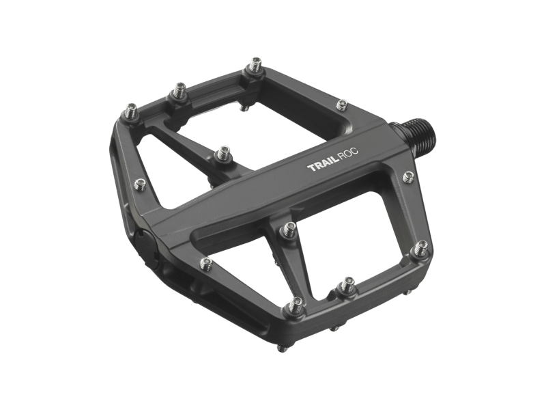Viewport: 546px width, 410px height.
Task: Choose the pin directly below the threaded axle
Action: [x=408, y=176]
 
